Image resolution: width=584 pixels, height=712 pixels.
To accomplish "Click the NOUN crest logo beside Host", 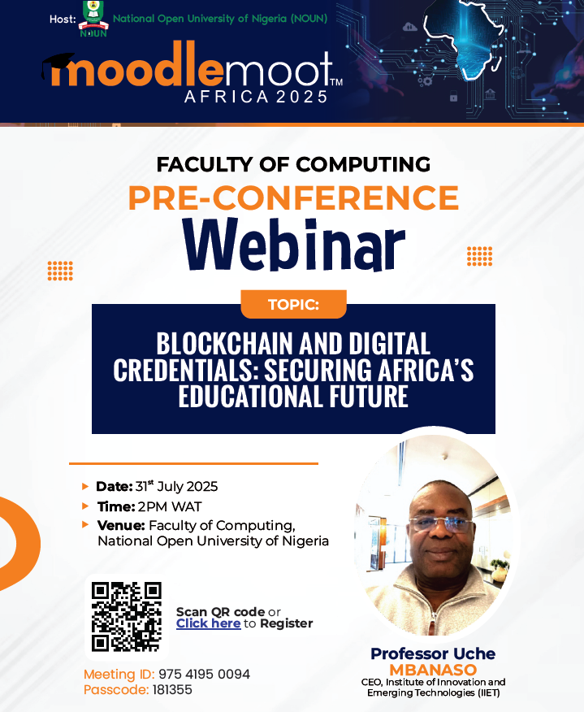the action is tap(93, 19).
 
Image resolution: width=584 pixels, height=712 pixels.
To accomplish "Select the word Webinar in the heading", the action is tap(293, 244).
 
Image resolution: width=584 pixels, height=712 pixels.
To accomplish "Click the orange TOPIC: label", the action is tap(293, 304).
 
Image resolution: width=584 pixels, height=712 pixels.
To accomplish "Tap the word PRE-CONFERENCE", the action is tap(293, 198).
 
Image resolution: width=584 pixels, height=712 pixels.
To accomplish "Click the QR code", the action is tap(127, 617).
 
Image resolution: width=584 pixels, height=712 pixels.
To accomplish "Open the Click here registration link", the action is tap(208, 623).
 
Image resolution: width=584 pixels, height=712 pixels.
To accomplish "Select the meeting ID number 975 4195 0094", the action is tap(204, 674).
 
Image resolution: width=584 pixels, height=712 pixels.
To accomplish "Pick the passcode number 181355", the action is tap(172, 690).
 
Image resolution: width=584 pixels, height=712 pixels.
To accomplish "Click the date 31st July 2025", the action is tap(176, 486).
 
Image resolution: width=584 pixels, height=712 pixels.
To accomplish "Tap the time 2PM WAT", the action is tap(170, 506).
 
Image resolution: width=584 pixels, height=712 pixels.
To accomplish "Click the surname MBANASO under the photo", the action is tap(433, 670).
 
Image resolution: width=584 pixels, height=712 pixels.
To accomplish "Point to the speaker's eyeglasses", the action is tap(441, 524).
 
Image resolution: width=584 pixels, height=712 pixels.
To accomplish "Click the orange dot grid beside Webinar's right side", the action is tap(480, 256).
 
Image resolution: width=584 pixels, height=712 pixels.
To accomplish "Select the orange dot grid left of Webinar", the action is tap(60, 271).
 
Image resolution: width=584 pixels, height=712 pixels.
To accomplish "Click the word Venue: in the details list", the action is tap(121, 525).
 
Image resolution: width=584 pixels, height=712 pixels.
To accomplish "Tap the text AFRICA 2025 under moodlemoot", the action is tap(256, 97).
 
